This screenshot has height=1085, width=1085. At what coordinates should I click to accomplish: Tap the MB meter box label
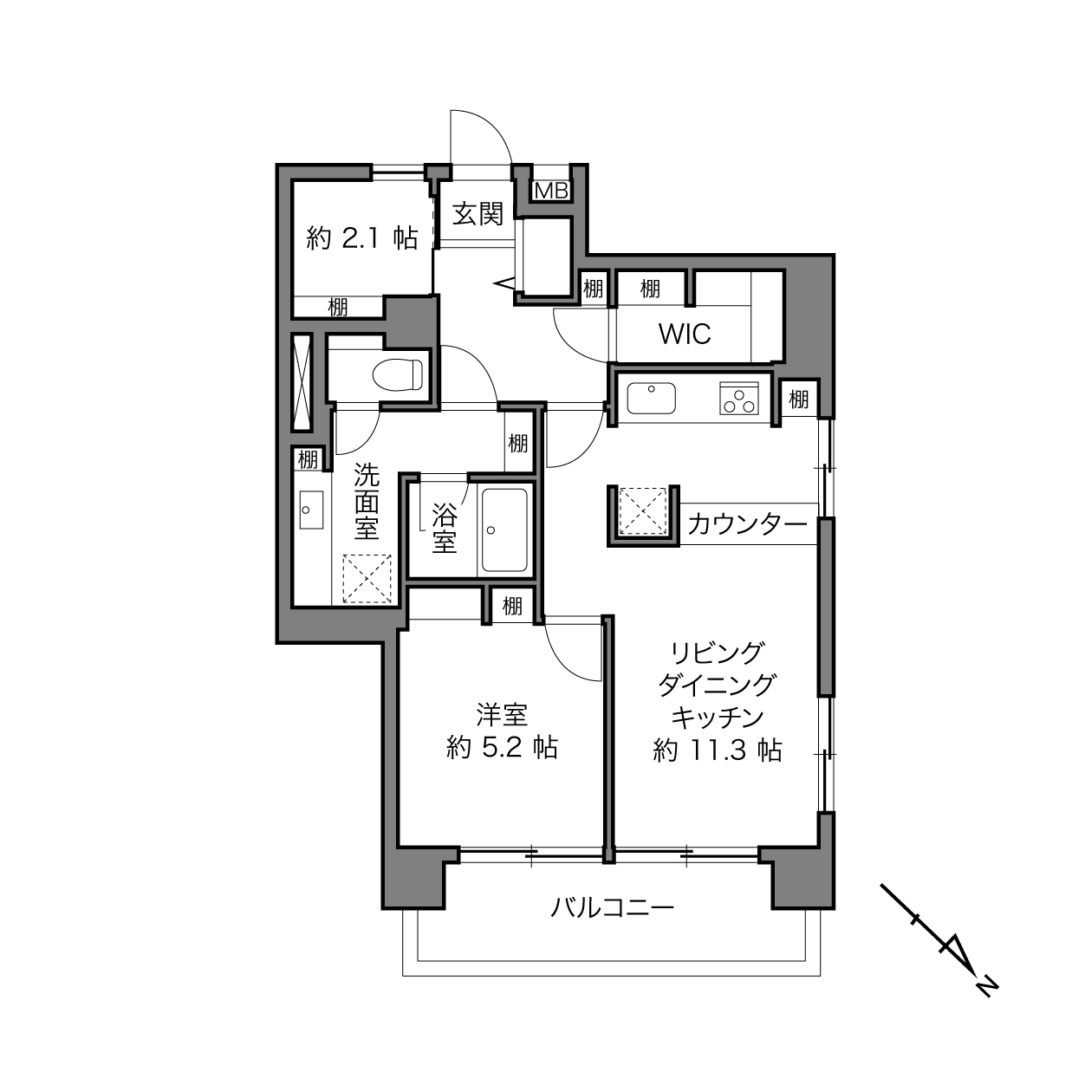point(550,192)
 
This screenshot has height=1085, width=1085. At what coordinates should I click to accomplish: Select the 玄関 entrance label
point(478,214)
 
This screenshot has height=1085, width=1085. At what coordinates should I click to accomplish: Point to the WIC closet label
point(685,335)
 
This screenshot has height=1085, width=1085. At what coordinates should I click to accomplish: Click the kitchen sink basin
point(652,398)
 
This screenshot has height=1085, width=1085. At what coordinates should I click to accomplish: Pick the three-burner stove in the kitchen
point(739,399)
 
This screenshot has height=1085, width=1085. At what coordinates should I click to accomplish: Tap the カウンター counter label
point(747,525)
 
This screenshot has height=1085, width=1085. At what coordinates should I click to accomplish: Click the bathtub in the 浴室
point(503,530)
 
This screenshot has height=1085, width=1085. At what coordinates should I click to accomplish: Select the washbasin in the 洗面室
point(311,510)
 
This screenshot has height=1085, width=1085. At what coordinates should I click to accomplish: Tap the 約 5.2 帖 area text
point(503,748)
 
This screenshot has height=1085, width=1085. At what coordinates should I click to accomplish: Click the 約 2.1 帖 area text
point(362,238)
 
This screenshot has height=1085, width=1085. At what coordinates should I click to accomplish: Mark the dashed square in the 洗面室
point(367,580)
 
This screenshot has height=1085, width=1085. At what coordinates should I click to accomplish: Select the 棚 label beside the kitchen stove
point(799,400)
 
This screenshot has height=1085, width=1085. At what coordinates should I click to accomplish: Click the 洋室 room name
point(502,715)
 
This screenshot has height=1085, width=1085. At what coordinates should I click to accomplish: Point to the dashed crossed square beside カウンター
point(643,511)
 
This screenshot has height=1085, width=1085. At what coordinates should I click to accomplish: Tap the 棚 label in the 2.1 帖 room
point(338,307)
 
